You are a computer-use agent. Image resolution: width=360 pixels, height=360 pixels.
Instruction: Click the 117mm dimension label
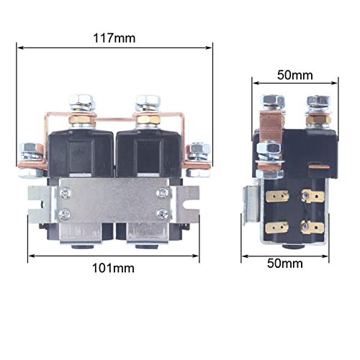tap(114, 38)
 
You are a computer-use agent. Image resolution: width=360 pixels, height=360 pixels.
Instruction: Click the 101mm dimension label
tap(113, 268)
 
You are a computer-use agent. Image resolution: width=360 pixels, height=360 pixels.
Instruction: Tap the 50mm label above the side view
tap(295, 75)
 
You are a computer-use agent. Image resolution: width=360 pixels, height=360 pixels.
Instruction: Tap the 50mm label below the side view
tap(285, 264)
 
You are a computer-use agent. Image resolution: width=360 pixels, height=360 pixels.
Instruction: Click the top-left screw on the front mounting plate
tap(65, 192)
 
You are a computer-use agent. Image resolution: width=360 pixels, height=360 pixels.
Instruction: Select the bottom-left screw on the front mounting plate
tap(65, 214)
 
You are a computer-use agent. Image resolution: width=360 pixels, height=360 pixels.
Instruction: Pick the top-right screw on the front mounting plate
tap(163, 192)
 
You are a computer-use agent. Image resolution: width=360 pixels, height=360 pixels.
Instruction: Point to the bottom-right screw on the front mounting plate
tap(163, 214)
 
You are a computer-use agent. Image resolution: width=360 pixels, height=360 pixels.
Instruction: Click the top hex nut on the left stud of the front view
tap(81, 101)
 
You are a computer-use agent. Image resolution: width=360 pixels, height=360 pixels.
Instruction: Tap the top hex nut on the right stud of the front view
tap(148, 101)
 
